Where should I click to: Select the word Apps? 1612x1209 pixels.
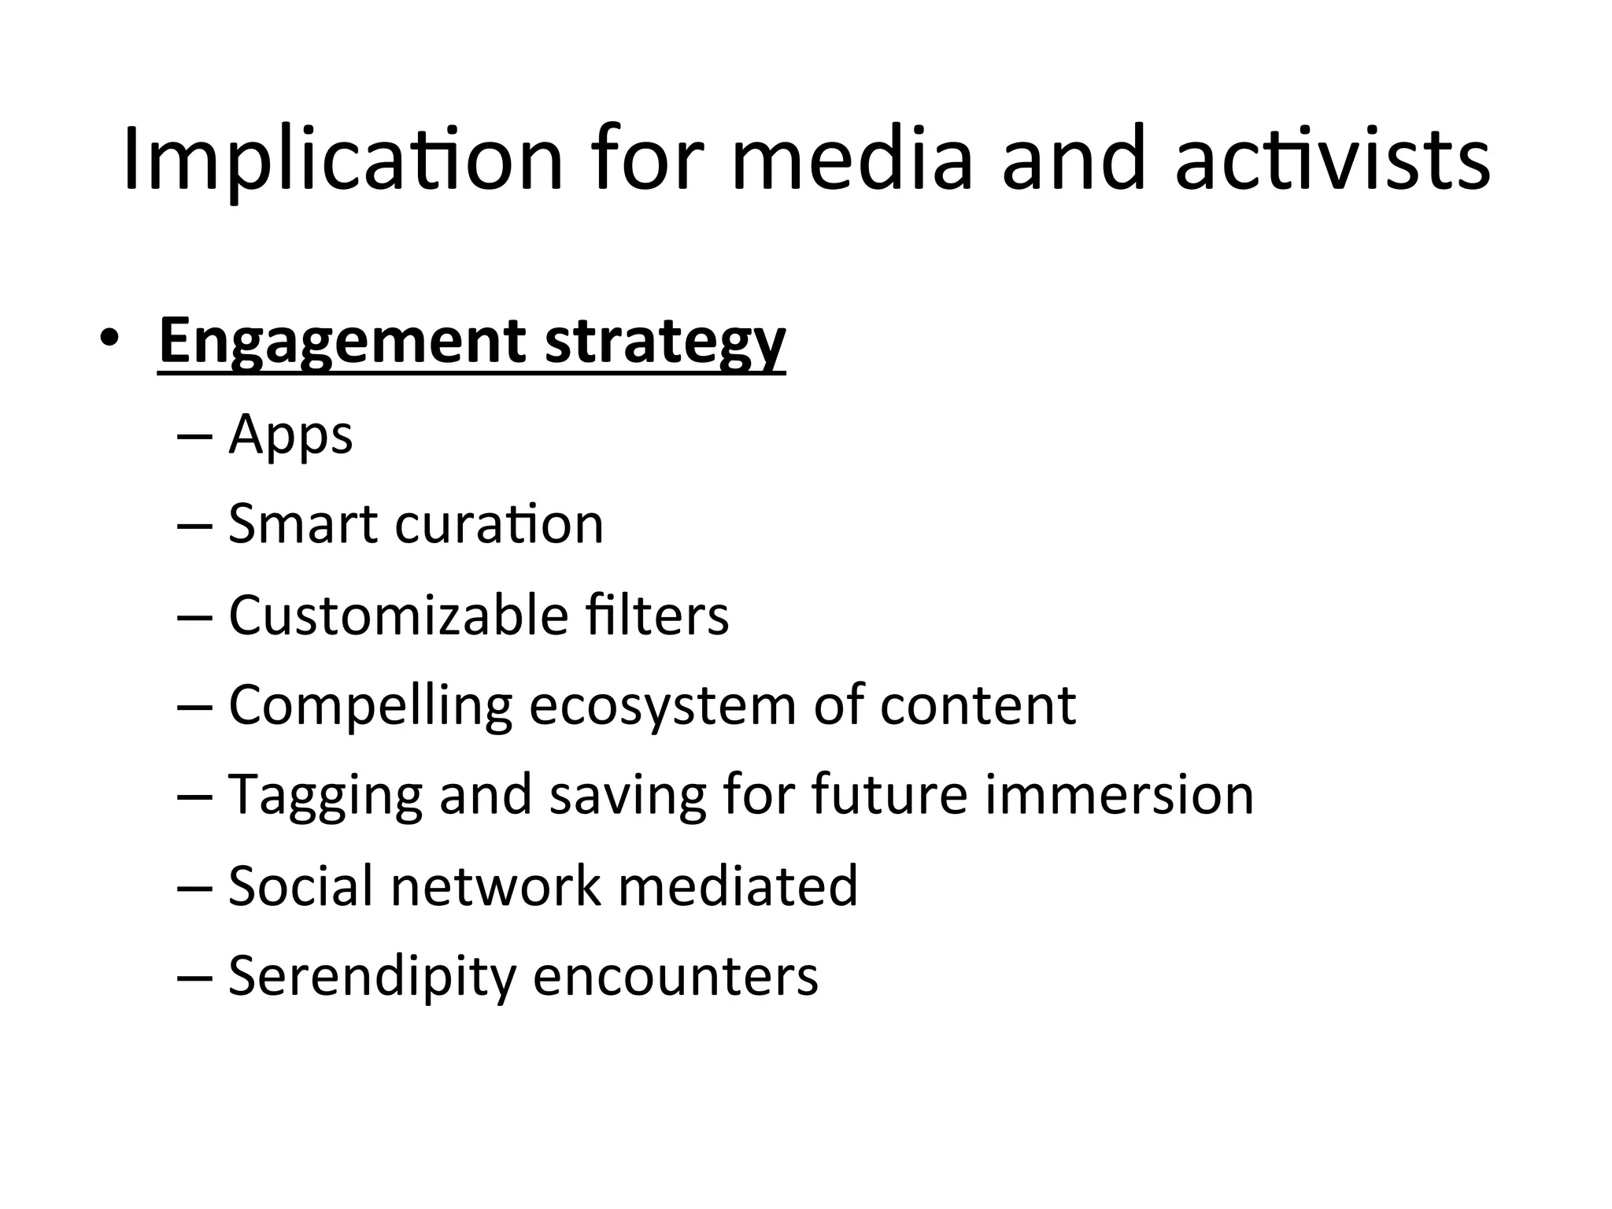point(290,435)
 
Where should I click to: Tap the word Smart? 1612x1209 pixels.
point(302,524)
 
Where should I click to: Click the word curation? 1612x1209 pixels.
point(499,524)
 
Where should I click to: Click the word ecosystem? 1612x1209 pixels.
point(662,706)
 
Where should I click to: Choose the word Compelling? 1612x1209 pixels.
point(370,706)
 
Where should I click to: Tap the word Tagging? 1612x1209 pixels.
point(325,796)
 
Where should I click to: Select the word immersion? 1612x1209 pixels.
point(1118,794)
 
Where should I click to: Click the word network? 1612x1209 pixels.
point(496,885)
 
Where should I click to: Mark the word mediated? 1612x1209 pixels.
point(738,885)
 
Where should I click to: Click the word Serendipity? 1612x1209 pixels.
point(372,977)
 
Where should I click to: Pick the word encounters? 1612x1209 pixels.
point(675,977)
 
